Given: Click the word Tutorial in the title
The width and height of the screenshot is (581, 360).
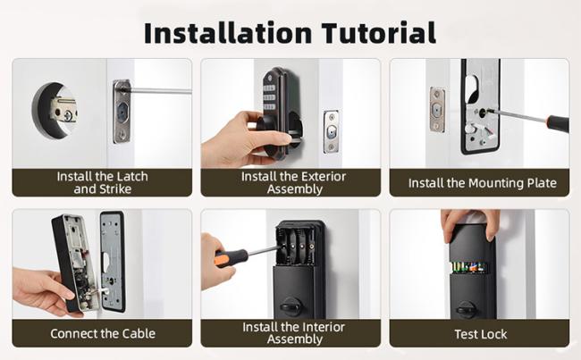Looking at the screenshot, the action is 378,33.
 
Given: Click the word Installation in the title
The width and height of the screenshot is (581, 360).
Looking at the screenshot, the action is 228,33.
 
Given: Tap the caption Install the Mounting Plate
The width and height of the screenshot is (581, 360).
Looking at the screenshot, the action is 482,183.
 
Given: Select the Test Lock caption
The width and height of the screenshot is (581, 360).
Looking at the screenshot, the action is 481,334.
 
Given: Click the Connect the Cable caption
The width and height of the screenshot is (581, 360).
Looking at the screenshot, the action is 103,333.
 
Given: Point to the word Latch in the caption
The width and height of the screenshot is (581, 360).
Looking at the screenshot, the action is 130,176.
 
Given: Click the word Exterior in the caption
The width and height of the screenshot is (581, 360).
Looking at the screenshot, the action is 324,176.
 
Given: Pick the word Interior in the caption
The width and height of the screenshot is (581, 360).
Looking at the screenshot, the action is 323,327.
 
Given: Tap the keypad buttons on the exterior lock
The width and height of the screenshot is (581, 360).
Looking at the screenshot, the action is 269,97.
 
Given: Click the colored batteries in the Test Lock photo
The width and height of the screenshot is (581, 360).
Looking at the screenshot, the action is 468,266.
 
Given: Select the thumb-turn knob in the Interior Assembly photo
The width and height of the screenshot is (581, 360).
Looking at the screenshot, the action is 290,306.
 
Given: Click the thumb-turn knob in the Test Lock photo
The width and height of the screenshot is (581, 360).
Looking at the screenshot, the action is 466,308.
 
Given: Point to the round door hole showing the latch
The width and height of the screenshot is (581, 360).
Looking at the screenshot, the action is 55,111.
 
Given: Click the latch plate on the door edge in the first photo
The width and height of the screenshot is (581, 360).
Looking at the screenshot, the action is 122,111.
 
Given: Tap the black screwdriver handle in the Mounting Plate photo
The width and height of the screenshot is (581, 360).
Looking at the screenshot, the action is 558,123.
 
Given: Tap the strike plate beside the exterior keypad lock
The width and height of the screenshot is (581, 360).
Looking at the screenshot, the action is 331,131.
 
